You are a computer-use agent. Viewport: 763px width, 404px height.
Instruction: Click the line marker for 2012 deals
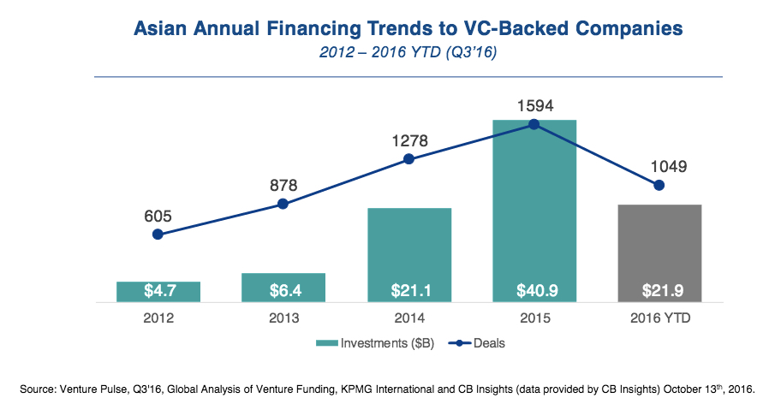coord(158,234)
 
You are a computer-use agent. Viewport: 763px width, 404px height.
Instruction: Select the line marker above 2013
coord(283,205)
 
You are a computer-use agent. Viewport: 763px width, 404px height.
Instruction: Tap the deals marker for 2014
coord(409,159)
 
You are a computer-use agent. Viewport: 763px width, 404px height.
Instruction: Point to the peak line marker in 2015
coord(534,124)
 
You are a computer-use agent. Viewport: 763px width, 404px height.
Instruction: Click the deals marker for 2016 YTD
coord(659,185)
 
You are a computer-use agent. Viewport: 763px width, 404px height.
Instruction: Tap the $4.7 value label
coord(158,291)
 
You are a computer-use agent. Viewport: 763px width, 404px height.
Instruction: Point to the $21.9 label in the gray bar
coord(659,291)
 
